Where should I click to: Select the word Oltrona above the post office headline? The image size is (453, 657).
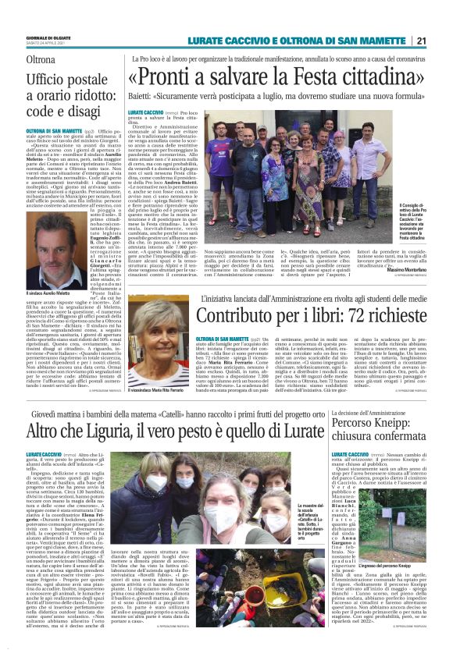click(x=41, y=59)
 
